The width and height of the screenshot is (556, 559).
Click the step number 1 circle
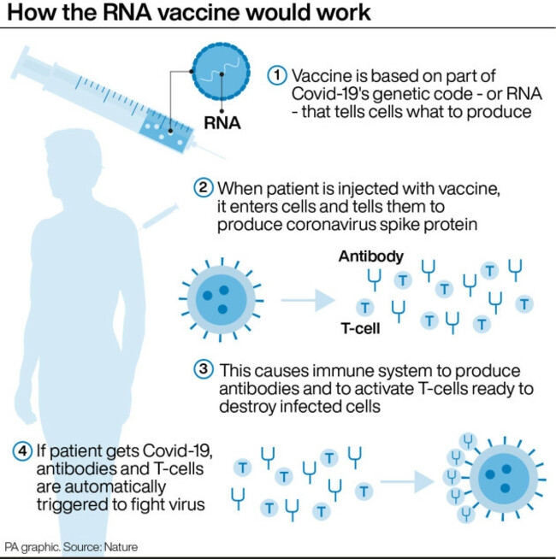(x=277, y=74)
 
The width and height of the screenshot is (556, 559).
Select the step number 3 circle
(x=204, y=371)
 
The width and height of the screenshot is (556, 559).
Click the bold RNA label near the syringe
(x=221, y=123)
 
